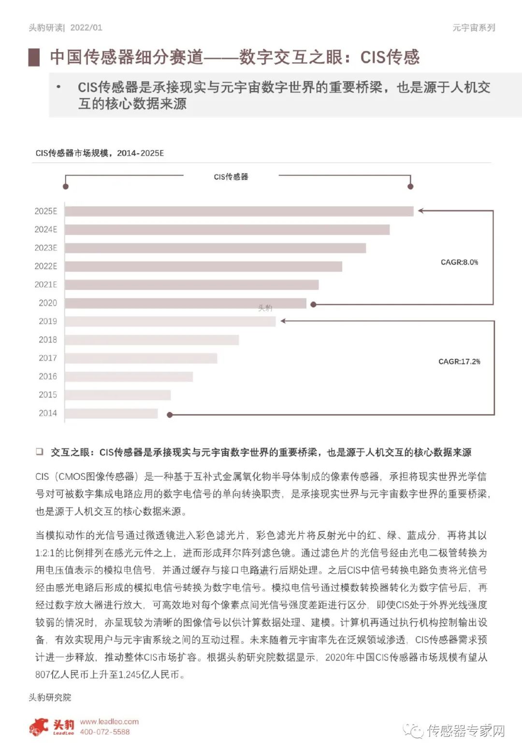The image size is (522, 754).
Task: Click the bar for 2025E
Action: (239, 211)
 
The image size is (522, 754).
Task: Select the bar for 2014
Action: (111, 414)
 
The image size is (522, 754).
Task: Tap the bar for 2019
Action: (170, 322)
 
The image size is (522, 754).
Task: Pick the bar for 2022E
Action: (203, 266)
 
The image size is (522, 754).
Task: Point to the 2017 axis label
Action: (48, 358)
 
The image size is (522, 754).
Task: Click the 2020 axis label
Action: (48, 303)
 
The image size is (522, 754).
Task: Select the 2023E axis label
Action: (46, 248)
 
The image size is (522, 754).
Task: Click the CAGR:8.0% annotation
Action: (459, 262)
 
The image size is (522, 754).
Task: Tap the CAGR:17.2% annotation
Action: (459, 361)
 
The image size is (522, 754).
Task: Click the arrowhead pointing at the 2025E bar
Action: (420, 211)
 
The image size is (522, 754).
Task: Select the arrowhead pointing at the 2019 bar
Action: (283, 321)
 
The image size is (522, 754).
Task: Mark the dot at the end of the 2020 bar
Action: (313, 305)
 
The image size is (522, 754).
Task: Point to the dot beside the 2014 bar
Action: (170, 415)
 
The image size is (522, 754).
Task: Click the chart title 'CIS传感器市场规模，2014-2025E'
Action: (100, 153)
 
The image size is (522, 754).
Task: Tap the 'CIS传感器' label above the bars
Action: (231, 177)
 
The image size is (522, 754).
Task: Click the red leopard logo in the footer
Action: (39, 726)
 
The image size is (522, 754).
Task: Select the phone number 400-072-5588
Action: (105, 732)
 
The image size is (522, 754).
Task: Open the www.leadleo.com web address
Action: (109, 722)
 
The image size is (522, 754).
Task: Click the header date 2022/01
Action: (87, 28)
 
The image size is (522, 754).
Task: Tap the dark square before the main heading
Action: (34, 57)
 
